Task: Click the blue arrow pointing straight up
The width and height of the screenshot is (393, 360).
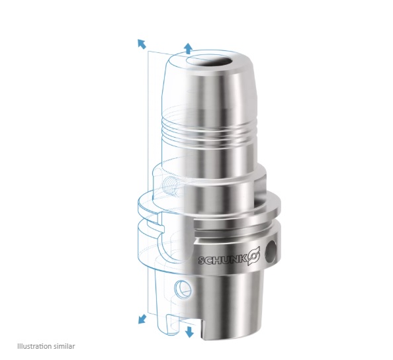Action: [x=189, y=48]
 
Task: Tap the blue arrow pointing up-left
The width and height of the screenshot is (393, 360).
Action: [x=142, y=44]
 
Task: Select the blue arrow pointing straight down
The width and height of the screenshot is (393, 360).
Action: [x=189, y=332]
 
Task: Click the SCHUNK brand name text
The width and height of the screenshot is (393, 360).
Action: [x=222, y=259]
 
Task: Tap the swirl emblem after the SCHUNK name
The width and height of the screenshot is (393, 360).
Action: [x=254, y=256]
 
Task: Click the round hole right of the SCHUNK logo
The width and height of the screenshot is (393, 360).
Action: [x=271, y=251]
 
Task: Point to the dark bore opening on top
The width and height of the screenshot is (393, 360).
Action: [x=210, y=61]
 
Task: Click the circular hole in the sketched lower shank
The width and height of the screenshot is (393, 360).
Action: [x=183, y=289]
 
